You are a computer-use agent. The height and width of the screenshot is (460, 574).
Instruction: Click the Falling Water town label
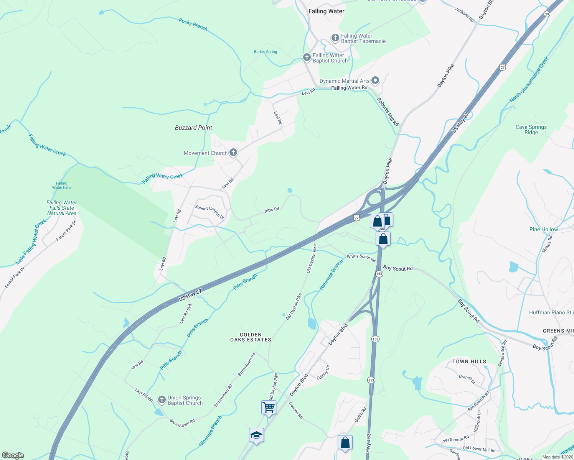pos(326,11)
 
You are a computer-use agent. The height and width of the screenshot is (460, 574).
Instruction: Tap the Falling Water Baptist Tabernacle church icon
pos(335,38)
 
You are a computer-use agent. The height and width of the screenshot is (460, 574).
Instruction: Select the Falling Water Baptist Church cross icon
pos(307,58)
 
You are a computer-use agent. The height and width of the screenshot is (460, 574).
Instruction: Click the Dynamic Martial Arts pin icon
pos(375,80)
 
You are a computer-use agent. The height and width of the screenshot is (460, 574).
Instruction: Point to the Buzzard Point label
pos(193,128)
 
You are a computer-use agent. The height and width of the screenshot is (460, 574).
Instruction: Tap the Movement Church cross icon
pos(233,153)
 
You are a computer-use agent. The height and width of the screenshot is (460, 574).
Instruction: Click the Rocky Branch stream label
pos(193,25)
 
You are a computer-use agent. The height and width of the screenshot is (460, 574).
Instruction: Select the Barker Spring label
pos(266,52)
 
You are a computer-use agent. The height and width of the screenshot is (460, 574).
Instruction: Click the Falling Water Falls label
pos(61,186)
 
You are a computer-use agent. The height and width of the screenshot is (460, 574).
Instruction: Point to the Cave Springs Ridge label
pos(531,130)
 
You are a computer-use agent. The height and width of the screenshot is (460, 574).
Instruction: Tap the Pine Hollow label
pos(544,229)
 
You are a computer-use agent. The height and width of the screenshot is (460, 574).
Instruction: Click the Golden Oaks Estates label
pos(251,337)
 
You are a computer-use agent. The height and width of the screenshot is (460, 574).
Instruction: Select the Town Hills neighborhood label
pos(469,361)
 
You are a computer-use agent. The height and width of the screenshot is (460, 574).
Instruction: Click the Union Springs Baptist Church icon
pos(162,400)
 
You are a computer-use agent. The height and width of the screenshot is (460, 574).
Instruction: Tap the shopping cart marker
pos(269,407)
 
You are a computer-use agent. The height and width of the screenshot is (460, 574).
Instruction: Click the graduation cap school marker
pos(256,435)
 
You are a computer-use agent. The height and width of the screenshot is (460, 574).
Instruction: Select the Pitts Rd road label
pos(272,210)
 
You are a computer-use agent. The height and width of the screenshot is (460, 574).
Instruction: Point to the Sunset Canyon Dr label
pos(209,212)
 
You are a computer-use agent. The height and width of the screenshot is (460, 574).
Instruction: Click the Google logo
pos(13,455)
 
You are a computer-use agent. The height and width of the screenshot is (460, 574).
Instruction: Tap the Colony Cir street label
pos(323,372)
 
